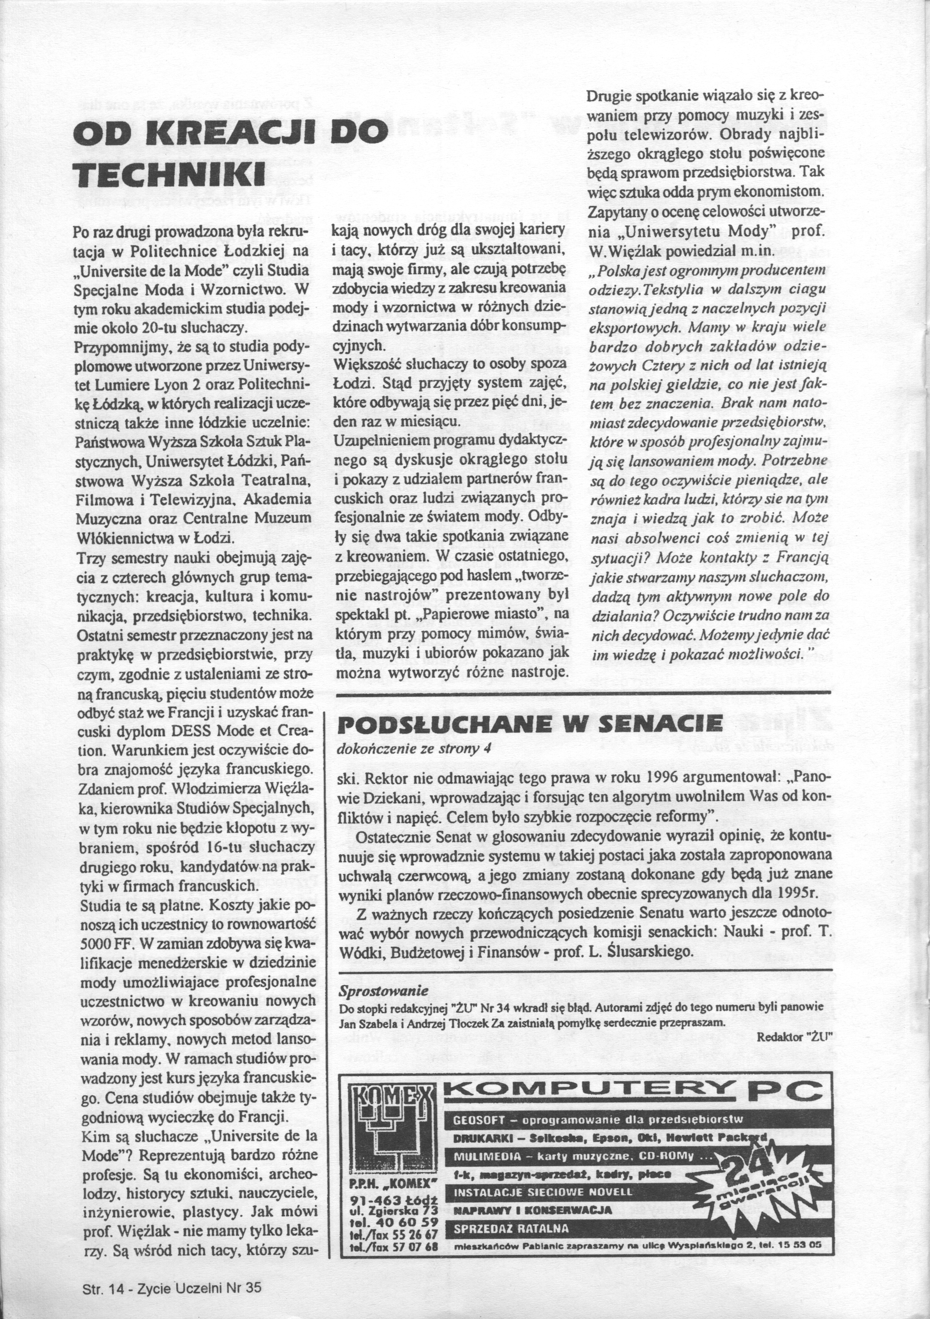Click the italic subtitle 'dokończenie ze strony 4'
pos(415,748)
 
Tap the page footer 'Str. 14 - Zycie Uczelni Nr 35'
pos(172,1287)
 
